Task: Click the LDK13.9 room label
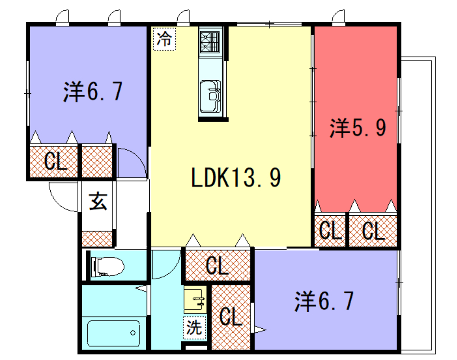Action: click(x=235, y=179)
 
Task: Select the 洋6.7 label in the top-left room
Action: click(x=92, y=93)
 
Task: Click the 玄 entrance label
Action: click(x=98, y=200)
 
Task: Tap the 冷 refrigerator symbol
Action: click(x=163, y=41)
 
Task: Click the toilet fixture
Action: click(x=106, y=266)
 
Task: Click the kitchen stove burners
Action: click(x=210, y=43)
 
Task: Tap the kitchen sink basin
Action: click(x=211, y=96)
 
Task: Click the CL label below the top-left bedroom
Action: click(x=54, y=161)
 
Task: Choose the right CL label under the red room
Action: click(x=372, y=231)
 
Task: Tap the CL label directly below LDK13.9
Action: click(x=217, y=265)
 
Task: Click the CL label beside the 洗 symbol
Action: click(x=231, y=318)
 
